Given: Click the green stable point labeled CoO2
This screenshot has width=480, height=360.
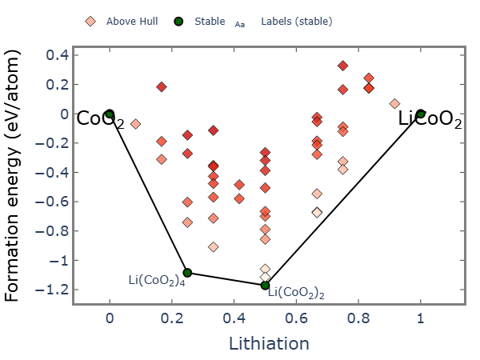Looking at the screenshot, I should [110, 114].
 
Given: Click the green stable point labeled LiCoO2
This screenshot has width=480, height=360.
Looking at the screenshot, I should [421, 114].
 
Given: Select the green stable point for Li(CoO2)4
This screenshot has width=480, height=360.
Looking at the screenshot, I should [187, 273].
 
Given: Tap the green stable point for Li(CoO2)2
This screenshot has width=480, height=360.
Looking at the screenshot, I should [265, 285].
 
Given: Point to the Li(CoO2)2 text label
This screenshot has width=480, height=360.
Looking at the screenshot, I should [296, 293].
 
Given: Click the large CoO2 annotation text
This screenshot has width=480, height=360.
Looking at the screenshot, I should [99, 120].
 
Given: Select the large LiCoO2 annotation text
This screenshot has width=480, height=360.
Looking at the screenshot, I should [430, 120].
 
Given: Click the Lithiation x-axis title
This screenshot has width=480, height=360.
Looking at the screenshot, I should [269, 344].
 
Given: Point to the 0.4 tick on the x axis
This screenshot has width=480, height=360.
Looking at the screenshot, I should [234, 317].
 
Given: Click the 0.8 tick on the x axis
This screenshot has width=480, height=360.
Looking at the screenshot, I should [358, 317].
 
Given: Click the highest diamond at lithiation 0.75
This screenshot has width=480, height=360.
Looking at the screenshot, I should [343, 66].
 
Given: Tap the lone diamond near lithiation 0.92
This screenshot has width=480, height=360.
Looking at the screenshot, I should [394, 104].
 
